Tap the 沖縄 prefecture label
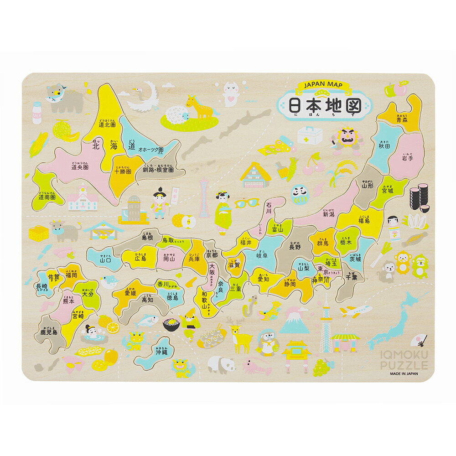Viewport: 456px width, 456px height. click(161, 352)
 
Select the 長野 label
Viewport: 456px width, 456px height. click(295, 247)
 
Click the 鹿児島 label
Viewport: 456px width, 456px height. click(48, 332)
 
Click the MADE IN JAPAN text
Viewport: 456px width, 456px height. click(404, 372)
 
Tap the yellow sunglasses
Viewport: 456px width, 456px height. click(247, 202)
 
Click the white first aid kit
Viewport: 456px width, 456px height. click(310, 135)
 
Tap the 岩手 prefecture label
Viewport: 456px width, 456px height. click(407, 159)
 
